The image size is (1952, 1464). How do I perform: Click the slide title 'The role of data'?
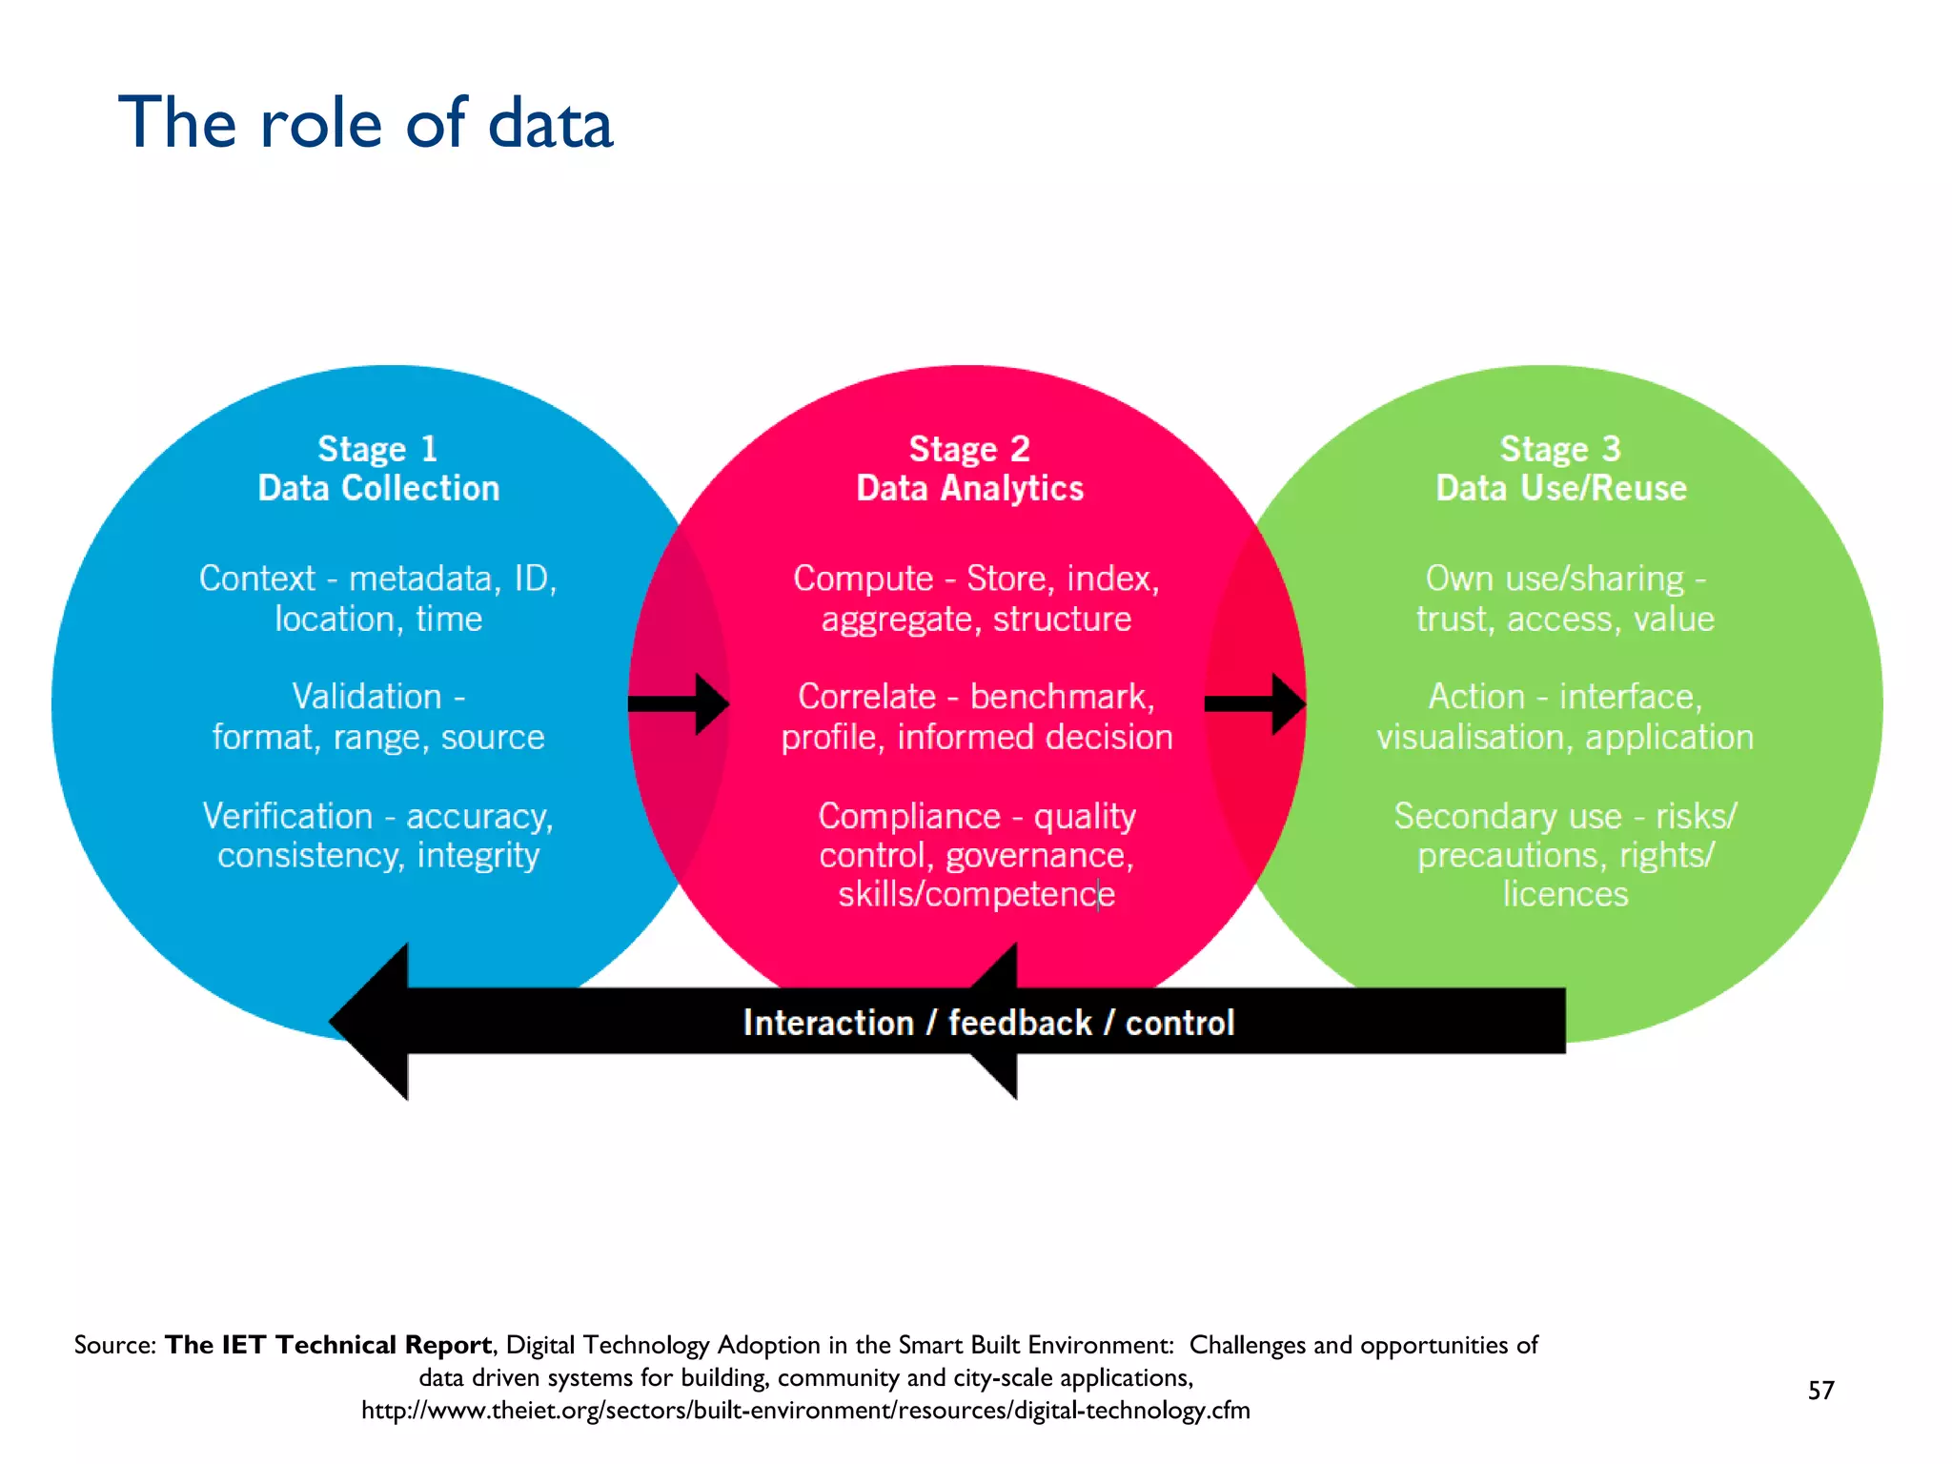tap(365, 124)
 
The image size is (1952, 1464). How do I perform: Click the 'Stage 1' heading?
tap(377, 448)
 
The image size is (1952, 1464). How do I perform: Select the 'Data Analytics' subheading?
tap(969, 488)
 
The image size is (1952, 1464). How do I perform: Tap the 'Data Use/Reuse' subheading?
tap(1561, 488)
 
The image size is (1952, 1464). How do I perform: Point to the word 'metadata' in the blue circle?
tap(420, 579)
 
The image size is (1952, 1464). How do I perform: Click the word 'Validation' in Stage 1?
tap(367, 697)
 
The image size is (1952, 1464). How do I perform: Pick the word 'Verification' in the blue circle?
tap(287, 817)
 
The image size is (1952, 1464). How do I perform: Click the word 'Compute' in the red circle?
tap(863, 579)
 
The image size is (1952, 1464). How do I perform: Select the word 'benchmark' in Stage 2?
tap(1060, 697)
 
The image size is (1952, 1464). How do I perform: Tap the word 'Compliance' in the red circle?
tap(908, 817)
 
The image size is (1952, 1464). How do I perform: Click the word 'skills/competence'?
tap(975, 895)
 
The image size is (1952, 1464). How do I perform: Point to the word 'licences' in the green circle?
tap(1565, 895)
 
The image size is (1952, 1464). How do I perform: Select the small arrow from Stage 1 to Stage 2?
tap(679, 704)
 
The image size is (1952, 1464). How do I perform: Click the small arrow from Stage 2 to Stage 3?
tap(1255, 704)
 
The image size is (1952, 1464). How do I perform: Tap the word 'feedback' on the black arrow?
tap(1019, 1023)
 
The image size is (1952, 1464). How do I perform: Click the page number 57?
tap(1820, 1391)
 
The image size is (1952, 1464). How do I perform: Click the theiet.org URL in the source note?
tap(805, 1411)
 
